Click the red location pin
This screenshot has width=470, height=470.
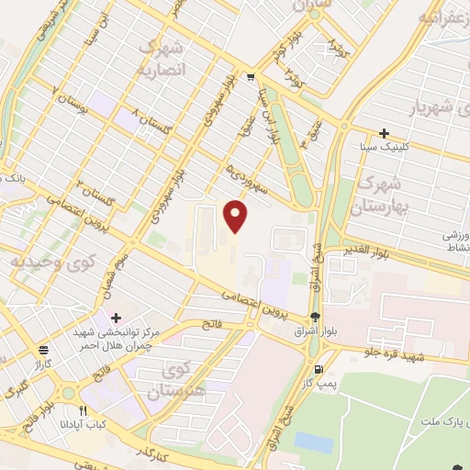click(x=237, y=216)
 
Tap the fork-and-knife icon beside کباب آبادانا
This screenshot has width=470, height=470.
click(x=84, y=410)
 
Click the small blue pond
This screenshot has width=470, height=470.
click(x=314, y=442)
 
